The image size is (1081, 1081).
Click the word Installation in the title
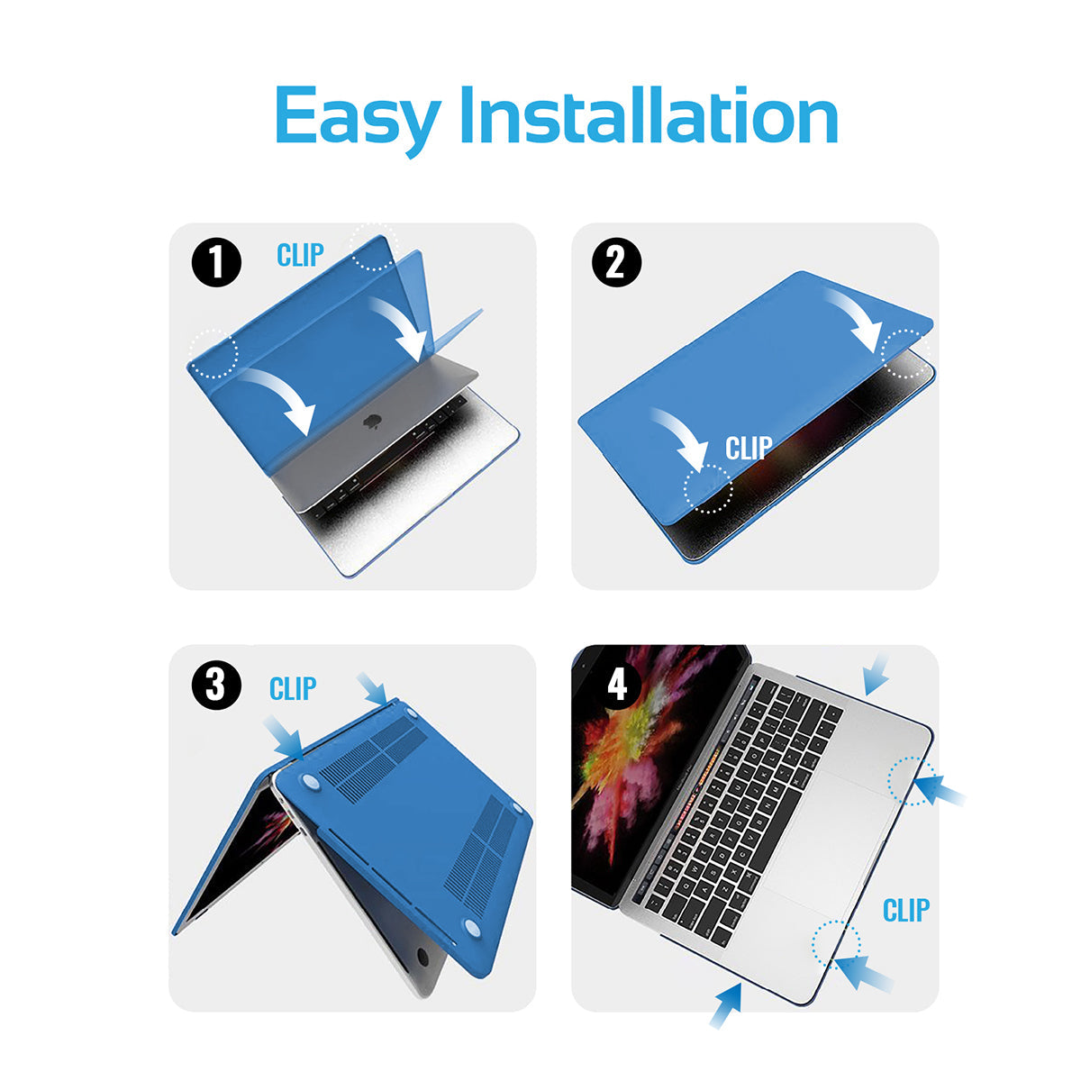point(649,115)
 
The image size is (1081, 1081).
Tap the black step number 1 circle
point(216,262)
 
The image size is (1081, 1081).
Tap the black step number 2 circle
point(616,262)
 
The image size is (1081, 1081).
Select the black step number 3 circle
point(216,685)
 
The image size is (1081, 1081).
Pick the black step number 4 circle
point(616,685)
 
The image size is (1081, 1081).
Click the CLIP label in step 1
point(300,255)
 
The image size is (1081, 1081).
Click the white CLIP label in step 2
point(749,448)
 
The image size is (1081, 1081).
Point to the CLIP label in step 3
point(292,688)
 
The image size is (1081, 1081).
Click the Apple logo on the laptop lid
point(370,421)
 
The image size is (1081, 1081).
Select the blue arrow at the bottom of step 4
point(726,1006)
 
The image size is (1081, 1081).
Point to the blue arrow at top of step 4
point(877,675)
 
